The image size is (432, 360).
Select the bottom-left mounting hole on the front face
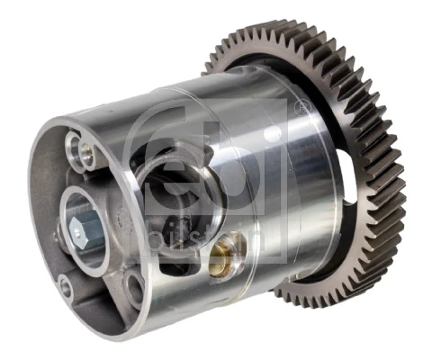64,288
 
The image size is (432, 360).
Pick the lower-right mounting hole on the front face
134,287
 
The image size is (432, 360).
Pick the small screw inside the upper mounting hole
86,150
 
